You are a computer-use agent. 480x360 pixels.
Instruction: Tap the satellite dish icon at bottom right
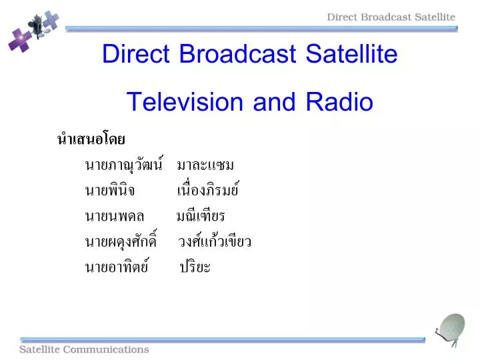(x=453, y=331)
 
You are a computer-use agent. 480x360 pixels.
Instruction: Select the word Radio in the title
(x=339, y=102)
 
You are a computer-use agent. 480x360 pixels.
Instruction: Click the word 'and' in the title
(x=275, y=102)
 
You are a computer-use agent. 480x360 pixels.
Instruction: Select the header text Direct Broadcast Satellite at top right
(x=391, y=17)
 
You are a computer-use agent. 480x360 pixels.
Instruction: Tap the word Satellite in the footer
(x=42, y=349)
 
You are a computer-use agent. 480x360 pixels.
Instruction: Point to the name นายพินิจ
(x=109, y=191)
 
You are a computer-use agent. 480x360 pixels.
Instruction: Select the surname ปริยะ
(x=195, y=267)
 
